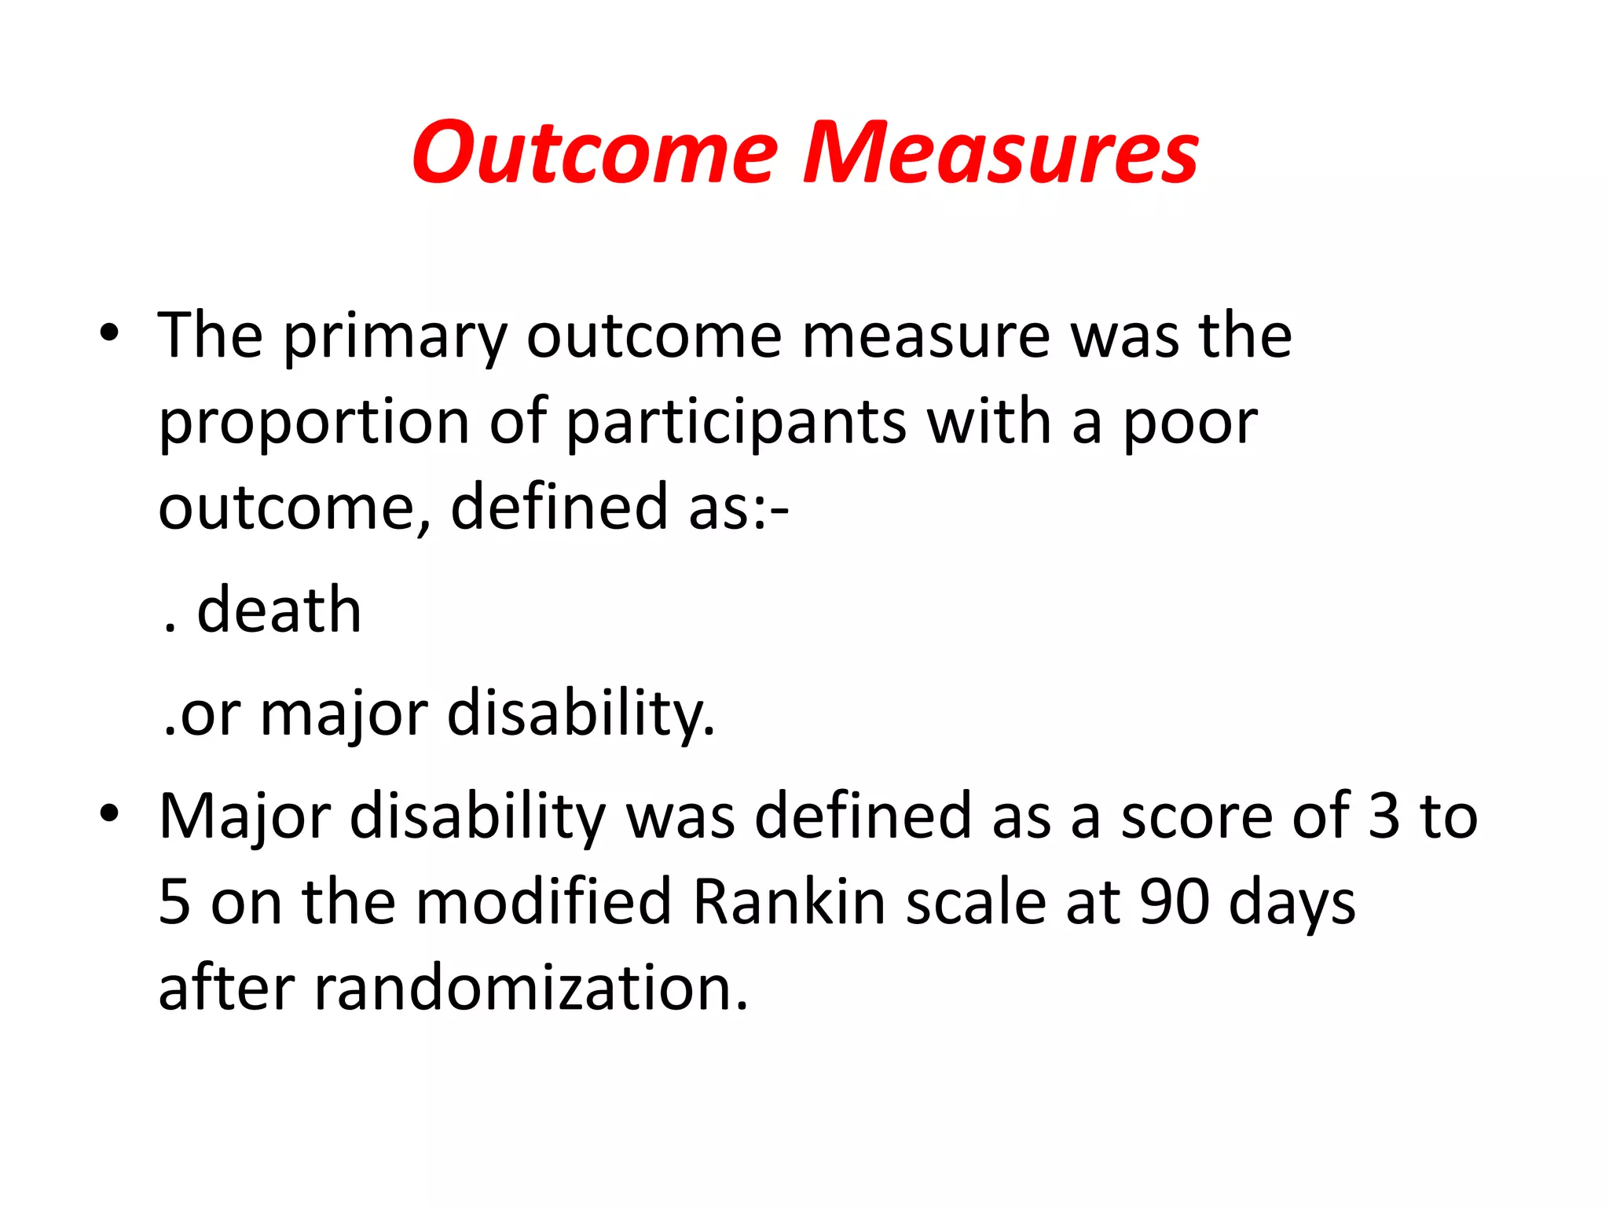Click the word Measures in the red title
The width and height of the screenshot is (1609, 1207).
pyautogui.click(x=999, y=153)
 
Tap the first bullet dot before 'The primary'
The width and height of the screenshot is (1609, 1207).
pyautogui.click(x=109, y=333)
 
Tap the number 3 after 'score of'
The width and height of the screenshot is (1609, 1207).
pyautogui.click(x=1384, y=816)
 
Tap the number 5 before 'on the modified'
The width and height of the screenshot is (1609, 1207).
pyautogui.click(x=174, y=902)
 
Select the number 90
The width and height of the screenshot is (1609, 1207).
pyautogui.click(x=1175, y=902)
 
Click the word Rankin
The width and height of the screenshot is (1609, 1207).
pyautogui.click(x=790, y=902)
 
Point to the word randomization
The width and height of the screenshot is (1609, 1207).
pyautogui.click(x=531, y=988)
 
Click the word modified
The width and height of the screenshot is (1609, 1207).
pyautogui.click(x=544, y=902)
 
